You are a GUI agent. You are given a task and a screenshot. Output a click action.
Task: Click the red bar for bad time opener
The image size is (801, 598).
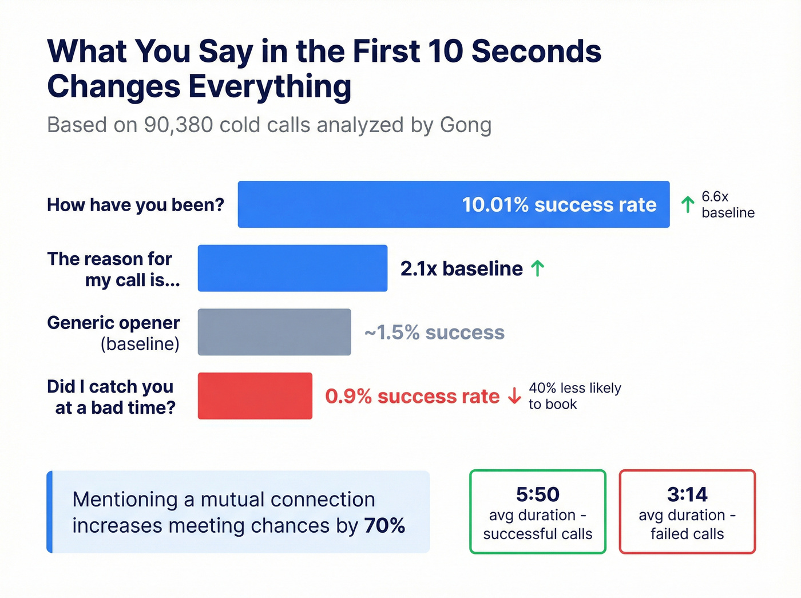(255, 396)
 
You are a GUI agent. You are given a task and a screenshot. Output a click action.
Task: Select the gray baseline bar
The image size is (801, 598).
(274, 332)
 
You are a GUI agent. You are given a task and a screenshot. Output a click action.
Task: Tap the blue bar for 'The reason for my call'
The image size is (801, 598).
(292, 268)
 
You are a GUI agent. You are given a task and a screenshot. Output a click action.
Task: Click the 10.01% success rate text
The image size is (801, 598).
(559, 205)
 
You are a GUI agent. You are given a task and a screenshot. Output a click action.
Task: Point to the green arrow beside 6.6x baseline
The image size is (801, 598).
(688, 204)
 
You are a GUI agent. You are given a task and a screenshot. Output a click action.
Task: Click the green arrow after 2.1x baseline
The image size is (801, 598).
(537, 268)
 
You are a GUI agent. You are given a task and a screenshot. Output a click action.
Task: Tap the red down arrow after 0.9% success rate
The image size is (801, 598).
(514, 396)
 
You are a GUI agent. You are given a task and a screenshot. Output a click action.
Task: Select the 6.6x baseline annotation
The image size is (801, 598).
(727, 205)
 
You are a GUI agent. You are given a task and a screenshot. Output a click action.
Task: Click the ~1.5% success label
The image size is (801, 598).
(434, 332)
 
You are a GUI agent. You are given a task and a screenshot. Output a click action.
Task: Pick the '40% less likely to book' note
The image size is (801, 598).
(574, 396)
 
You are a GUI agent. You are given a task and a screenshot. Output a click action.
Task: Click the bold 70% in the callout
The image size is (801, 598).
(384, 525)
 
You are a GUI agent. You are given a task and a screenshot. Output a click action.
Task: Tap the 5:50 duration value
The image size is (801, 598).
(537, 494)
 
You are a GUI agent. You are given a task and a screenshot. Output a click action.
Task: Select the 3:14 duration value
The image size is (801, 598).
(687, 494)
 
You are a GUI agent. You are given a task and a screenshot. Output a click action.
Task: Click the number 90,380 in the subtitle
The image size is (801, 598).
(179, 125)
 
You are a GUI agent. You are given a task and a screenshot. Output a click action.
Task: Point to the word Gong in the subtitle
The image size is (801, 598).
(465, 125)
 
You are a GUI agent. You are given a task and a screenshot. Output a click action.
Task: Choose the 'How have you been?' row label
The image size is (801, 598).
(136, 205)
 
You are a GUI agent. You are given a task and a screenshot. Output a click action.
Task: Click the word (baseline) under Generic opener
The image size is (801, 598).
(140, 344)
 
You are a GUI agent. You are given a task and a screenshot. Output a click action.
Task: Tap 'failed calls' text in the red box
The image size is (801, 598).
(687, 534)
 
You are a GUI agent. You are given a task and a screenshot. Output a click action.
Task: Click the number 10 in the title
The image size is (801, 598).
(445, 52)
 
